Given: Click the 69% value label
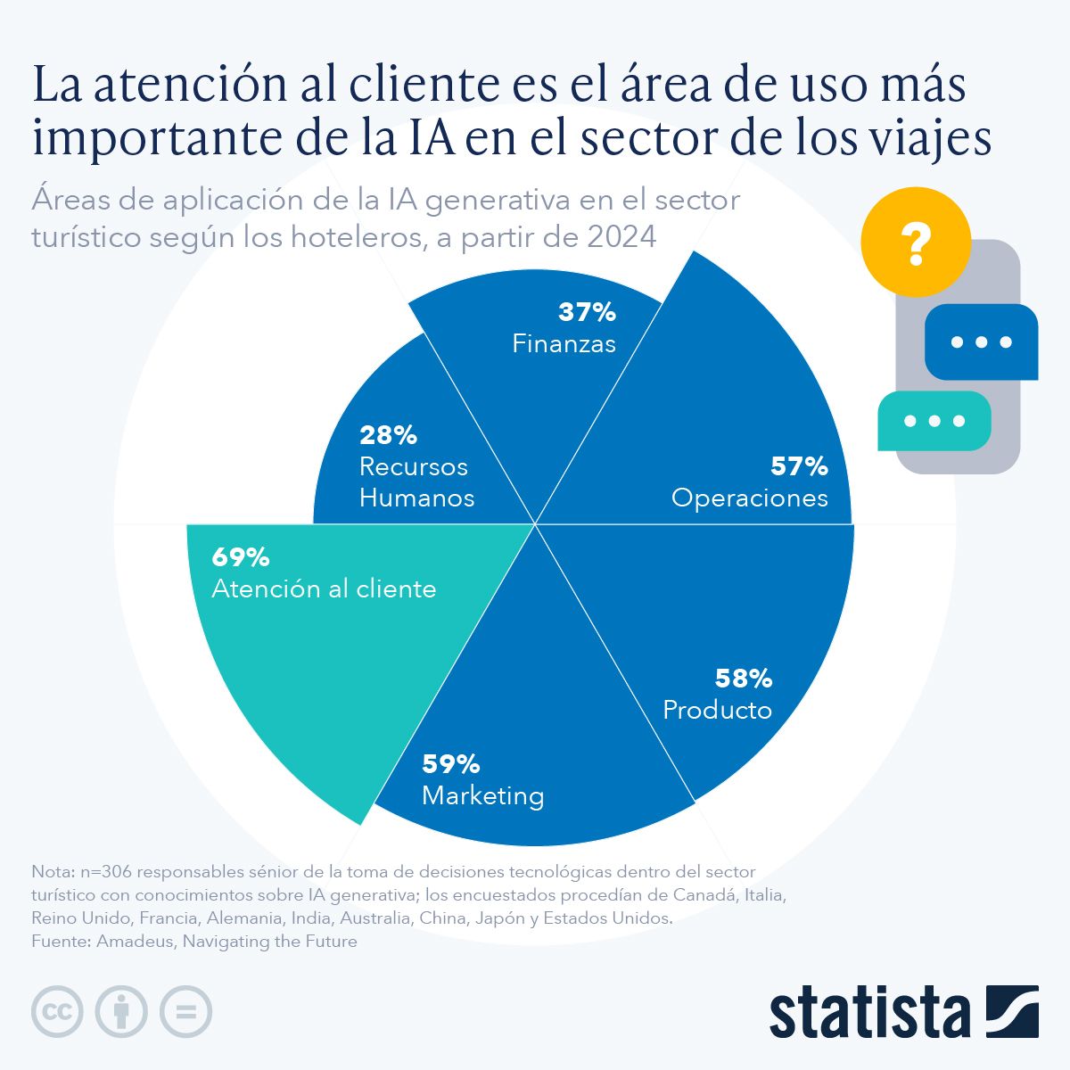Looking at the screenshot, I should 240,558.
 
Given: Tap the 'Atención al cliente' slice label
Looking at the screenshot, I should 324,589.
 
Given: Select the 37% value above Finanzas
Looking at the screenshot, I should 587,312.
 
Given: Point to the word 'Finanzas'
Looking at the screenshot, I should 564,344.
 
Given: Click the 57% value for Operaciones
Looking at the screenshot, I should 799,466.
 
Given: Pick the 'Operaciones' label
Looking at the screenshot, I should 749,498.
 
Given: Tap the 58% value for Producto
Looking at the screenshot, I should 743,679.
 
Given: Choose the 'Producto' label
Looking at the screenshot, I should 717,711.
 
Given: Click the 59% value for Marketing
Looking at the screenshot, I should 450,764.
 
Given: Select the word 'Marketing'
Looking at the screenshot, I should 482,795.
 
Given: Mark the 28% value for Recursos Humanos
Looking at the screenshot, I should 388,435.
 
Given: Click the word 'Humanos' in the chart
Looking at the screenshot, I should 416,498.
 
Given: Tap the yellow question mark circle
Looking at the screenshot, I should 915,242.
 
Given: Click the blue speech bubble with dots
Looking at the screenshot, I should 981,342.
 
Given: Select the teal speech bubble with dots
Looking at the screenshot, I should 934,421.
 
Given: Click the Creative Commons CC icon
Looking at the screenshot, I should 57,1012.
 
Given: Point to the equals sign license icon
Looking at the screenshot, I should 185,1012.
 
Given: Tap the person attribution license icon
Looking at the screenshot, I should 121,1012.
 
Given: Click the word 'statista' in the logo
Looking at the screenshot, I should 869,1012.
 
